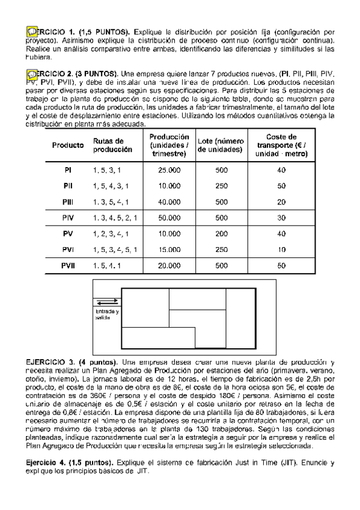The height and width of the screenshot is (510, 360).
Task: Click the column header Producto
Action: coord(68,146)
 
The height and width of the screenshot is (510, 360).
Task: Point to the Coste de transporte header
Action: coord(281,145)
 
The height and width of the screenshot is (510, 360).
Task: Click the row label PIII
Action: coord(68,201)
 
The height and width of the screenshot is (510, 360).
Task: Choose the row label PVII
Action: coord(68,265)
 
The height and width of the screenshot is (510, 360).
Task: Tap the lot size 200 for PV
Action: coord(221,233)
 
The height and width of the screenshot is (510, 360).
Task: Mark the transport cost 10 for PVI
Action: coord(281,249)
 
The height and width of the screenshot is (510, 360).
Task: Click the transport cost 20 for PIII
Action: coord(281,201)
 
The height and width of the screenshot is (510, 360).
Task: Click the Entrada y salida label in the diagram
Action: coord(107,314)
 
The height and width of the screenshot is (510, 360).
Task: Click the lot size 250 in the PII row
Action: coord(221,186)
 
